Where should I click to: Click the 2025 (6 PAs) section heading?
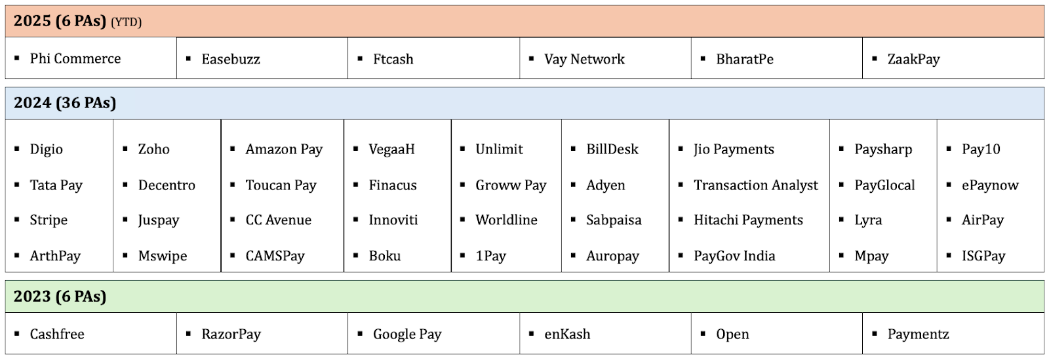point(60,21)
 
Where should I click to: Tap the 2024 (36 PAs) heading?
point(65,103)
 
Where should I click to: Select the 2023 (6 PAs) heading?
point(60,296)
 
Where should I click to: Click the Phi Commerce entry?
point(75,58)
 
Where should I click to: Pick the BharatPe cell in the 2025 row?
point(745,59)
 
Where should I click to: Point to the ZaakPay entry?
point(913,59)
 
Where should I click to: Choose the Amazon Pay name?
point(284,150)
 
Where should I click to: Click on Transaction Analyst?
point(755,186)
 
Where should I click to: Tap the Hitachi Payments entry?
point(748,220)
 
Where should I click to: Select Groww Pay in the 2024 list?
point(511,186)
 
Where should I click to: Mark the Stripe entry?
point(49,220)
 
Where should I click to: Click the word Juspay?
point(159,220)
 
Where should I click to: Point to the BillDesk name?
point(612,150)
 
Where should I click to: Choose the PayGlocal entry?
point(884,186)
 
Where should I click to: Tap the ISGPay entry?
point(983,256)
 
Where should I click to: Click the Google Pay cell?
point(407,334)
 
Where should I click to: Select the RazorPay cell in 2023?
point(231,334)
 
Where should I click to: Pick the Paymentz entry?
point(918,334)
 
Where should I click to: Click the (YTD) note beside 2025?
point(126,22)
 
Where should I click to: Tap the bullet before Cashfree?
point(17,334)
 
